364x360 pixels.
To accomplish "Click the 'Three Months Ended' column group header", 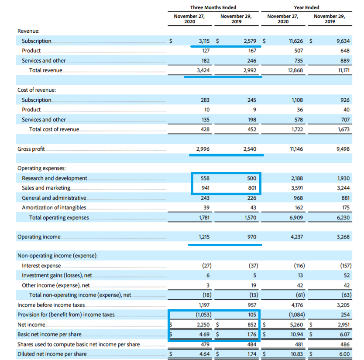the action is [x=213, y=7].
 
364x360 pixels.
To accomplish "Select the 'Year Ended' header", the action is [x=306, y=7].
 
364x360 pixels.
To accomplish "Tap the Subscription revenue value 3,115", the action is [x=204, y=41].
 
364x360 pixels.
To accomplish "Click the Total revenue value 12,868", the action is [x=295, y=70].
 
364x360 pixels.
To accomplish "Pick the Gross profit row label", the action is [x=31, y=149].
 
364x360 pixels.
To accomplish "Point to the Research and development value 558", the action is [x=205, y=178].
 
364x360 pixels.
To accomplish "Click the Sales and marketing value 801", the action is [x=252, y=188].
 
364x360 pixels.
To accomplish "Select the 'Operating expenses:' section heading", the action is [x=41, y=168].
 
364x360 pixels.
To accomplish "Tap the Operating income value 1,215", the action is [x=204, y=237].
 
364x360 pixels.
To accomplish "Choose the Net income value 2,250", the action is [x=203, y=325].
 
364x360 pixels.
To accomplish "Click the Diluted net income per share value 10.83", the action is [x=297, y=354].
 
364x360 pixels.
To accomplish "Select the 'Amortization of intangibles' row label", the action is [x=54, y=208].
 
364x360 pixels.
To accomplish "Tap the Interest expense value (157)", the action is [x=346, y=266].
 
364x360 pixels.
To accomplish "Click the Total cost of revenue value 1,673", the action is [x=343, y=129].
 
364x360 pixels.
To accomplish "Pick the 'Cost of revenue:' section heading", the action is [x=37, y=90].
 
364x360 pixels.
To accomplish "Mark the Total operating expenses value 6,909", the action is [x=296, y=218].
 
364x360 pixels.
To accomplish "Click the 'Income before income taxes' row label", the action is [x=51, y=305].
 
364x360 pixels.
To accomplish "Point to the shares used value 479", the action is [x=205, y=344].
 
